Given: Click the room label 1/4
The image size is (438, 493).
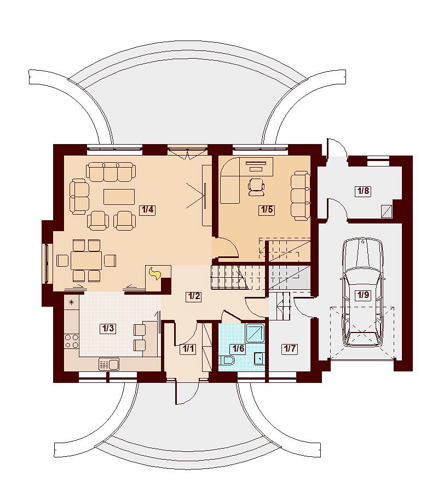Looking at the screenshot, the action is pos(147,210).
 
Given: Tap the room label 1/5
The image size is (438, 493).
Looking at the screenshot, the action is pos(267,210).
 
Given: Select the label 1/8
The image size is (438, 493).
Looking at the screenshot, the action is pos(363,191).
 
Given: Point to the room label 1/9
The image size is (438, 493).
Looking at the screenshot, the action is pos(363,295).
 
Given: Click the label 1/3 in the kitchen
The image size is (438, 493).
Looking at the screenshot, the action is pos(107,329).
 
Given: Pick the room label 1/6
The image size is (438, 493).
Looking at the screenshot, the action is pos(238,348).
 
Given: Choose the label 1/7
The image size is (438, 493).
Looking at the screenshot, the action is pos(290,348).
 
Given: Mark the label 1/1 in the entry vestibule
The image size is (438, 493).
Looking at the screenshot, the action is pos(188,348).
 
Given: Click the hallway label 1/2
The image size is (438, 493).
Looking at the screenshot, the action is pos(193,296).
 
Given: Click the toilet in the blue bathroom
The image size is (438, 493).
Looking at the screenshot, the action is pos(227,360).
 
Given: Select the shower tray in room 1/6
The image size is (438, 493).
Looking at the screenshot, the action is pos(255,333).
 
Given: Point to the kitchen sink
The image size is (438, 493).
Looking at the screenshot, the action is pos(109,365).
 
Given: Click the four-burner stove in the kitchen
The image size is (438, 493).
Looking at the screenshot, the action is pos(71,341).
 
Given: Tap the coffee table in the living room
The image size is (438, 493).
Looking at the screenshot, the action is pos(119,197).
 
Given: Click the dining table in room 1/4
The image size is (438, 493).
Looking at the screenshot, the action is pos(87,260).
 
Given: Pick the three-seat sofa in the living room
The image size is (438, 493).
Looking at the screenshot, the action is pos(111,171).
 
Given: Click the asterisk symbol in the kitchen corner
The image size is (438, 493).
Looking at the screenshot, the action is pos(72,303).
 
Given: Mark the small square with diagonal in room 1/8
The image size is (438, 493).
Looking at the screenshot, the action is pos(387,211).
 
